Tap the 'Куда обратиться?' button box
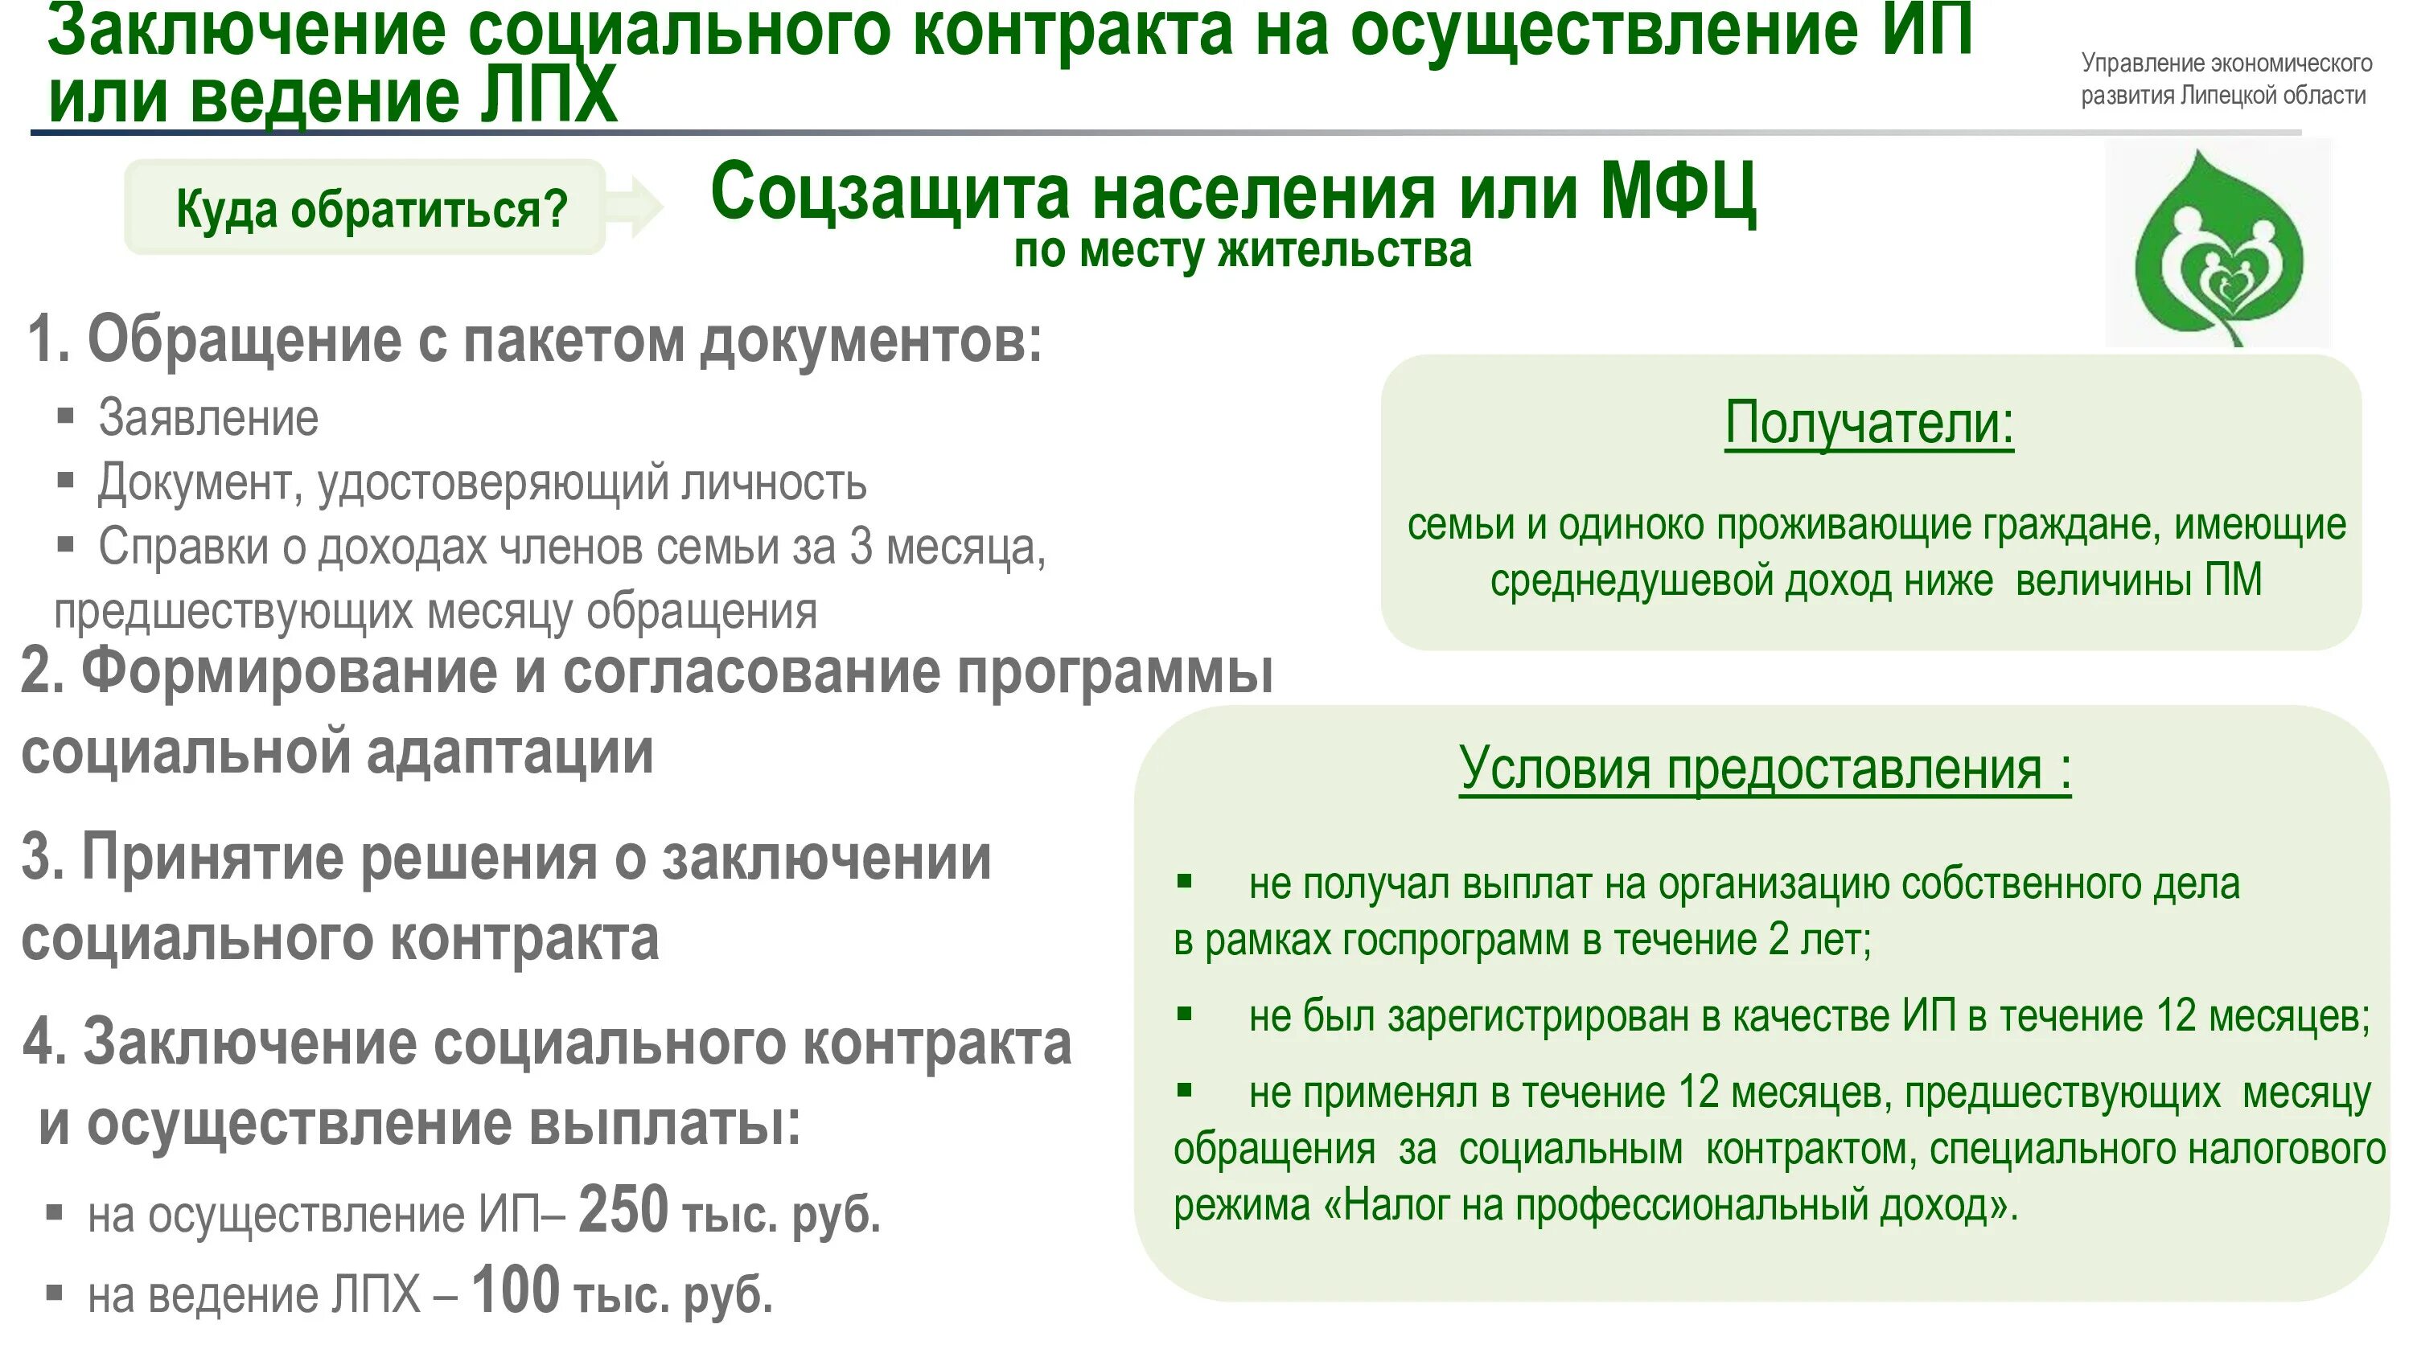(x=365, y=207)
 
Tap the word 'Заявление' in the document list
(x=208, y=418)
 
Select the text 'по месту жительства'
(x=1242, y=251)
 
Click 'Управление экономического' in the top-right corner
(x=2226, y=63)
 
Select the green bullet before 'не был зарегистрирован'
(x=1184, y=1013)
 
